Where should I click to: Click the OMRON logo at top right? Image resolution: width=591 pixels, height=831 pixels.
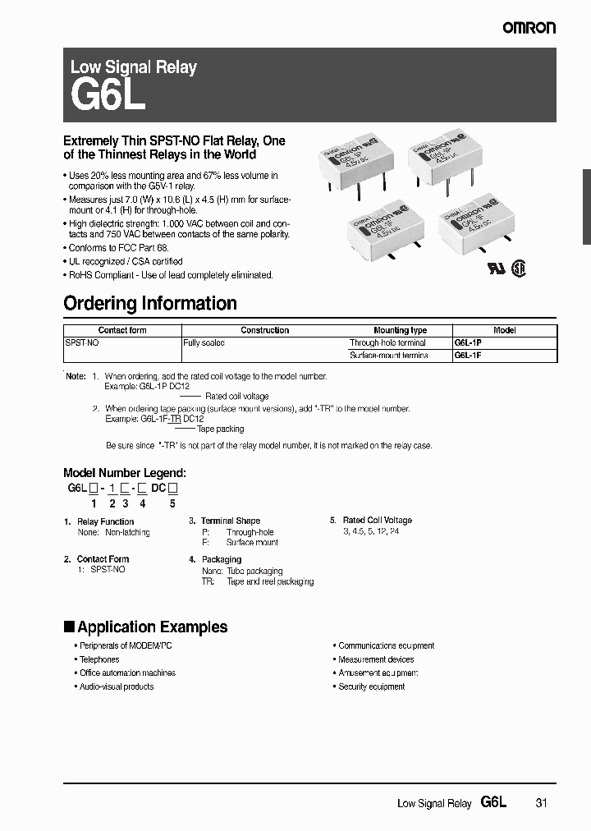(529, 28)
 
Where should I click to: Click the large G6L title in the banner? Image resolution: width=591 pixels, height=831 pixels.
(108, 96)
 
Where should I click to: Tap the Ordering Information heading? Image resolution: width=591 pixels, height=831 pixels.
(150, 303)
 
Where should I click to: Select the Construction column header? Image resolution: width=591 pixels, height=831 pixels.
(264, 330)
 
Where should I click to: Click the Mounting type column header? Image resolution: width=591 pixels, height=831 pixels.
(400, 330)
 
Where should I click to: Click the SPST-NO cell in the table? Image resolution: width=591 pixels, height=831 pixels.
(82, 342)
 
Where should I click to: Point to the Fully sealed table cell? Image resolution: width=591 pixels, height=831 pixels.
(204, 342)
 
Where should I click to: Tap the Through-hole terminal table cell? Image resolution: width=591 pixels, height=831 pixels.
(387, 342)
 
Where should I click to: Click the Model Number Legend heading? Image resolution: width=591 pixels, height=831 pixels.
(125, 473)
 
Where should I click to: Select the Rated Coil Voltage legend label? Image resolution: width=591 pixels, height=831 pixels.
(377, 521)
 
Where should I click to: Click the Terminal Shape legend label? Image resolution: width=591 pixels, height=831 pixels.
(230, 521)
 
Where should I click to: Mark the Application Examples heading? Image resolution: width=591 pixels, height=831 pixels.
(152, 627)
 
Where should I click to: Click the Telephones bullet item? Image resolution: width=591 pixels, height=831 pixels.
(99, 659)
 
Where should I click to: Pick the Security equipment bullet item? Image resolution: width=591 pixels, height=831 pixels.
(372, 686)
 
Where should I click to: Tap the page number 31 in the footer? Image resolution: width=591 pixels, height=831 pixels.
(540, 803)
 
